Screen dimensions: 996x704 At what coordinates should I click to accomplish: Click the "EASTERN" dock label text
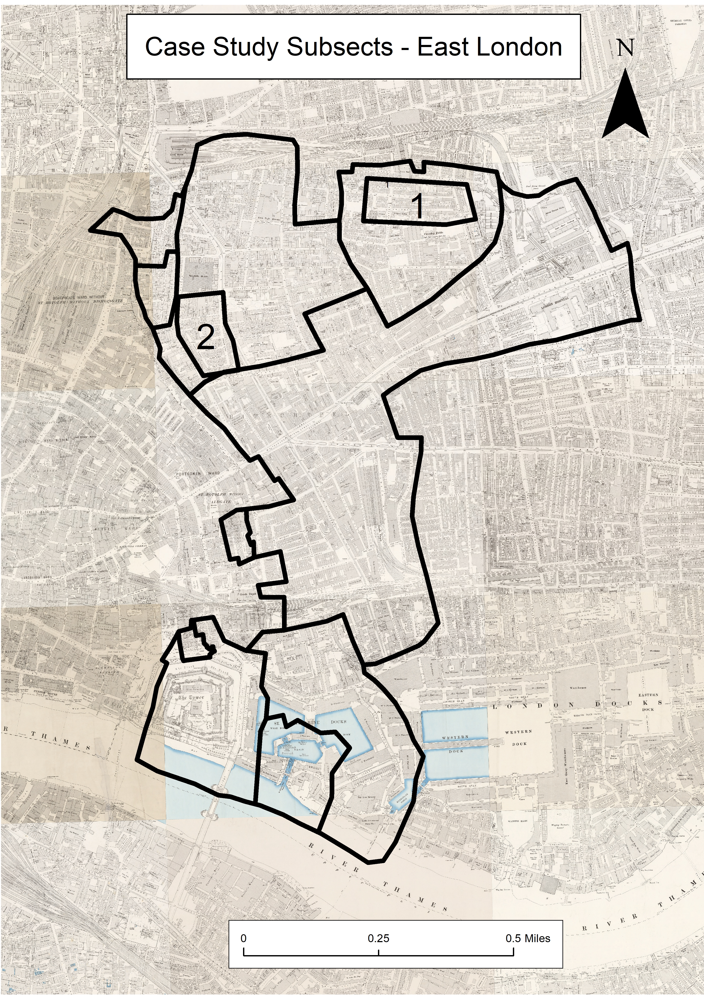648,695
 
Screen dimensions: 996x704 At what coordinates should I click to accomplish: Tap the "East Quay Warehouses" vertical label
566,767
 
